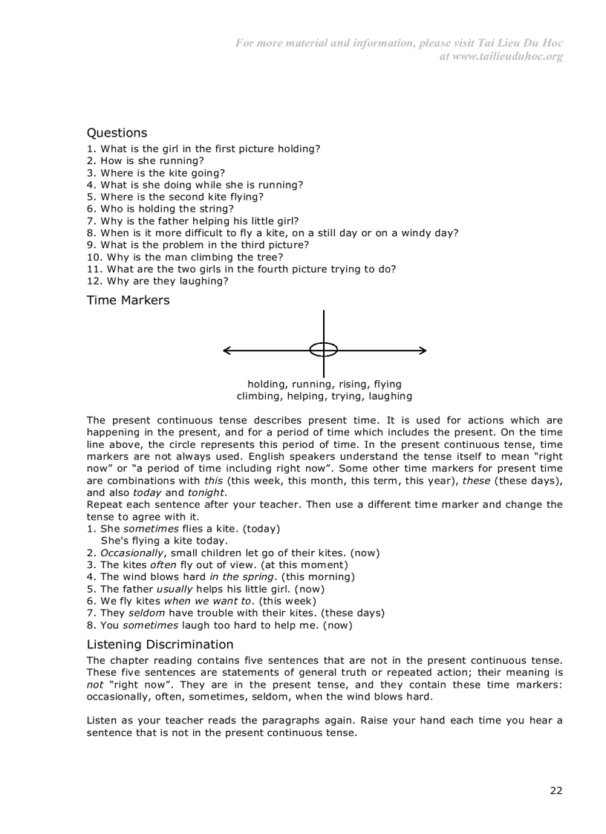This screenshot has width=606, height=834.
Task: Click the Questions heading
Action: point(117,133)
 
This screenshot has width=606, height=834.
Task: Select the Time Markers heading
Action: point(128,300)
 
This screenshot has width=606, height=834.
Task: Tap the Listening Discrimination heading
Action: point(160,644)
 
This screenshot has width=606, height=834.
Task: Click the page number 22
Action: point(555,790)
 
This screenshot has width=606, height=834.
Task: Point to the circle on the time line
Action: point(323,350)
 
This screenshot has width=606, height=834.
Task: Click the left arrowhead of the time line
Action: point(227,350)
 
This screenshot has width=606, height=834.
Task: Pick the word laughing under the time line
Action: point(389,396)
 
